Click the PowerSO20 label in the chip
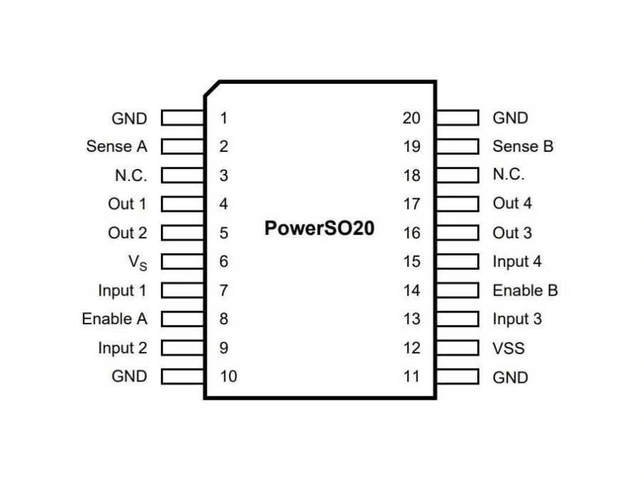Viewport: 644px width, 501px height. [319, 229]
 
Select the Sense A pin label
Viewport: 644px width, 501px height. [117, 146]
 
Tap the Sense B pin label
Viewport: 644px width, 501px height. [523, 146]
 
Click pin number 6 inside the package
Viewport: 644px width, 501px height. [224, 261]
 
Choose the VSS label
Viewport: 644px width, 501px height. [509, 349]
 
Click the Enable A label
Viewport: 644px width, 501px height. [114, 318]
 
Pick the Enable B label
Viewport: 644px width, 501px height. [525, 291]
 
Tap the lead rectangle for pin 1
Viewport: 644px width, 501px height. [183, 117]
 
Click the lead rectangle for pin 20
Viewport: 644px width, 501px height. [457, 117]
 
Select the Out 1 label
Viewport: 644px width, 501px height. [127, 204]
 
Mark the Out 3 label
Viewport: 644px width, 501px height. [512, 233]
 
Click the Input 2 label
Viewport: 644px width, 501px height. [122, 348]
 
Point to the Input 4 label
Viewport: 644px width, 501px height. [517, 261]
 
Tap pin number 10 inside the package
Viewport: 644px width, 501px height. [228, 376]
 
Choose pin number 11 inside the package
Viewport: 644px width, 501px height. [411, 376]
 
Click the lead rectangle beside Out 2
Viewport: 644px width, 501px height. [183, 233]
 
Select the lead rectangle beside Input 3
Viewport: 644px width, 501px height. [457, 319]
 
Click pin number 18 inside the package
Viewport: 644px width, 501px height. [411, 175]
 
